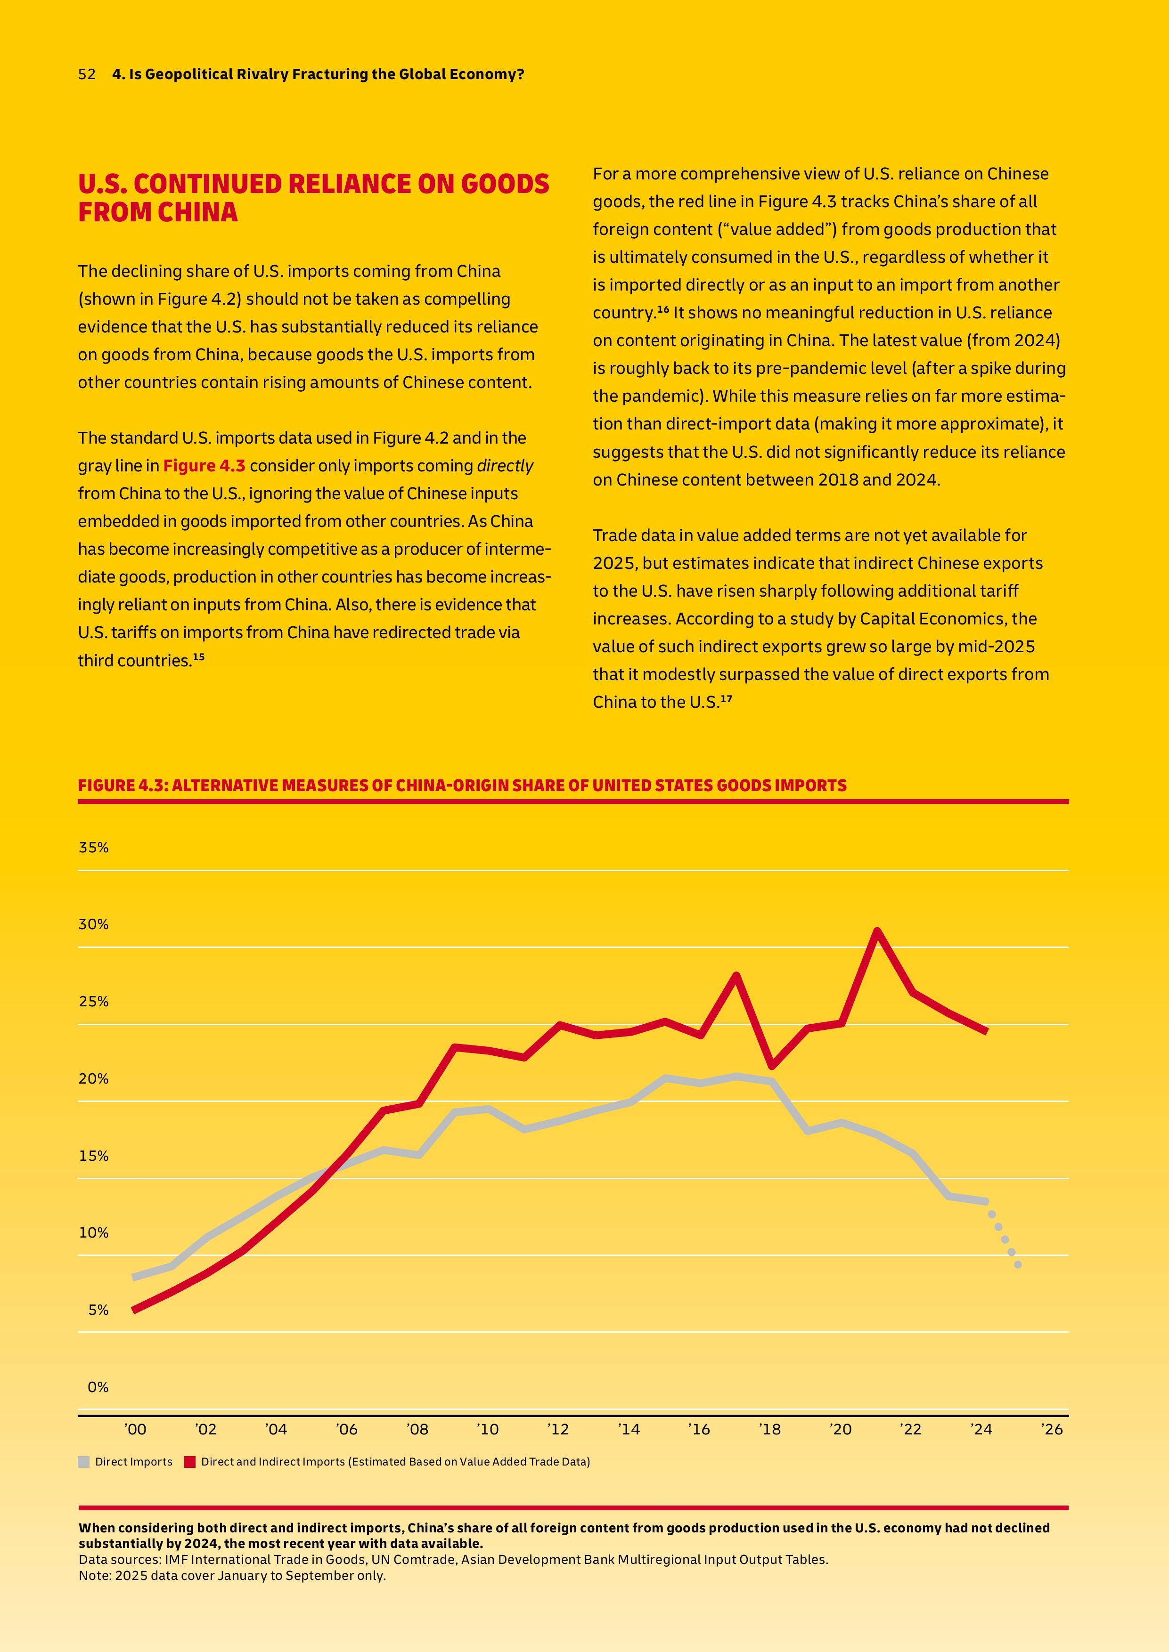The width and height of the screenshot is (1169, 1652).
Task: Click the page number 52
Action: point(86,74)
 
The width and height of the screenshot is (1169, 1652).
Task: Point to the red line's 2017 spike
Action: point(736,976)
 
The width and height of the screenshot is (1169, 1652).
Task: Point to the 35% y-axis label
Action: point(94,848)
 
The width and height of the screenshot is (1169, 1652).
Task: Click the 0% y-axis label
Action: point(98,1387)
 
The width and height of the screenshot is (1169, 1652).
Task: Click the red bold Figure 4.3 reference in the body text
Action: point(204,466)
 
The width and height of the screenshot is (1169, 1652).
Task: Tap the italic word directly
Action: point(505,466)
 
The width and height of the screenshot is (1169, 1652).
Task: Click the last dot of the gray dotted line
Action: point(1018,1264)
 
